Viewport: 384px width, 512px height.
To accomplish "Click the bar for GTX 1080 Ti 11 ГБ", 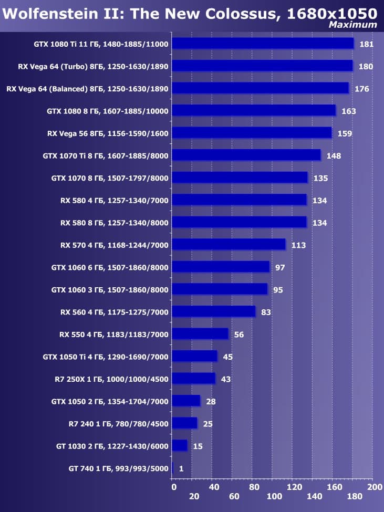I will point(263,43).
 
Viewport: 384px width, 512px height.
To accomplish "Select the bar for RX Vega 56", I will point(252,132).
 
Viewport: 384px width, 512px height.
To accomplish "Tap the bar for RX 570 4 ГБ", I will point(229,244).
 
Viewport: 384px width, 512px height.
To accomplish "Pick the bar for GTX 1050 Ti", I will point(194,356).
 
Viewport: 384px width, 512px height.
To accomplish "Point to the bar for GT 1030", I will point(180,445).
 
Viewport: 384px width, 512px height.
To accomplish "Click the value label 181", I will point(366,44).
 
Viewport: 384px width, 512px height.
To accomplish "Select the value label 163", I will point(348,111).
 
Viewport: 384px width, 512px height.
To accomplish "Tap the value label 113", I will point(298,245).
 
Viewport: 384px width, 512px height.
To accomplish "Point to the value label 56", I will point(239,335).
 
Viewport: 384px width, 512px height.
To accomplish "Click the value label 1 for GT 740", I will point(181,468).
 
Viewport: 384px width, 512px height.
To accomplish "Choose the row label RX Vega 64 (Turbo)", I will point(92,66).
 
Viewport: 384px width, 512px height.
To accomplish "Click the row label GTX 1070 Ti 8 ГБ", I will point(106,155).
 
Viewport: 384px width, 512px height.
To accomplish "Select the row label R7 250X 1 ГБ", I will point(111,379).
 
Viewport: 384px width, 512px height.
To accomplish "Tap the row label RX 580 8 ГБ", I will point(115,223).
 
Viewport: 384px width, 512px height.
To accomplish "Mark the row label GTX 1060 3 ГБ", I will point(110,289).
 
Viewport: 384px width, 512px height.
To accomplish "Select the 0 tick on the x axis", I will point(174,488).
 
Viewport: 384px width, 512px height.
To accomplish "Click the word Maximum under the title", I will point(352,24).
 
